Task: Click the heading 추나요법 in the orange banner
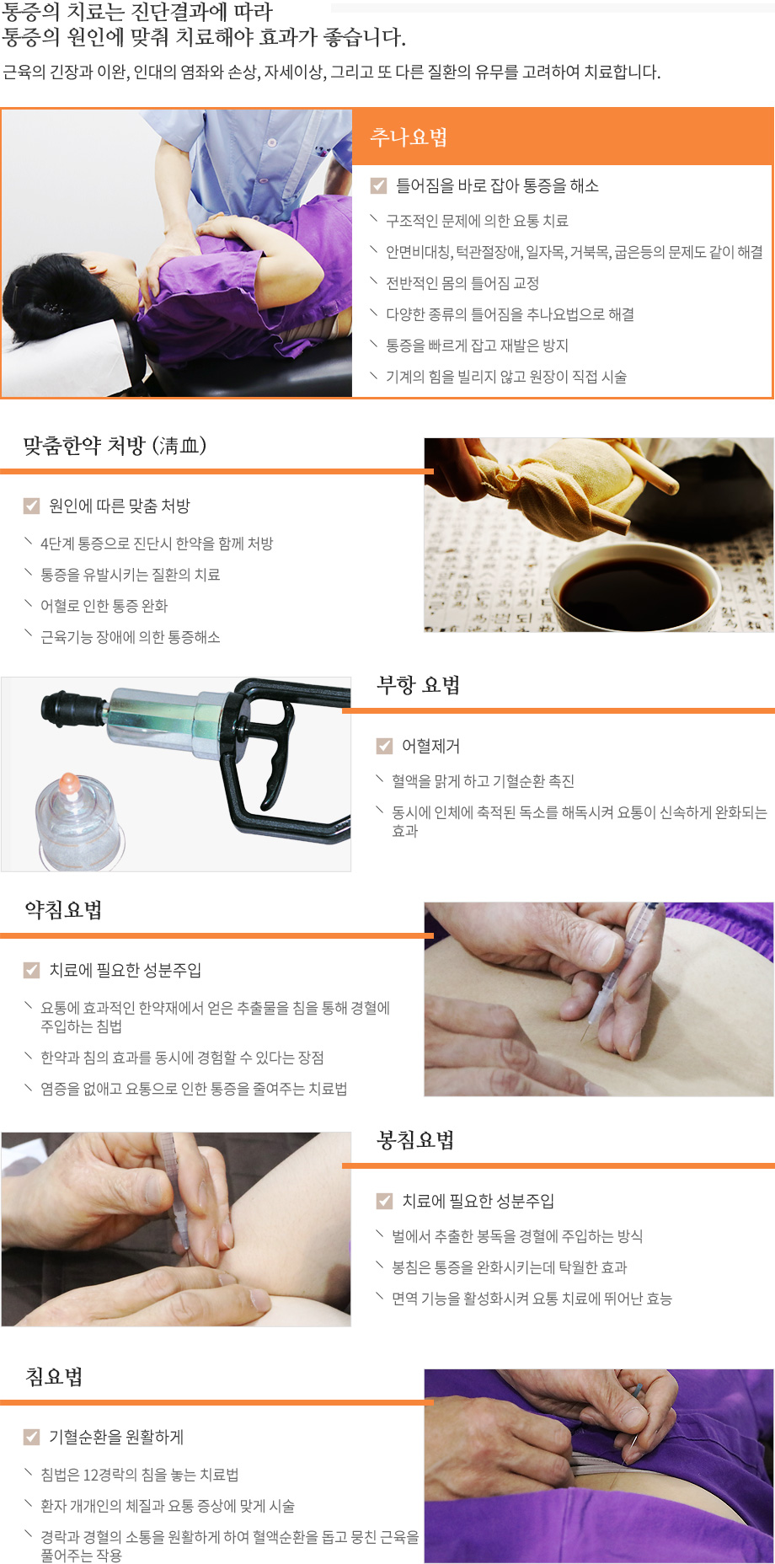click(409, 137)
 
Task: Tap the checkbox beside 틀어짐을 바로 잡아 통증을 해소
click(379, 185)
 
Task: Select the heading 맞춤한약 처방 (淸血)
click(115, 446)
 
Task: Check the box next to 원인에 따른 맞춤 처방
click(32, 506)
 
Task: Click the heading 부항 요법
click(418, 685)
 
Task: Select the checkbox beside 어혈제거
click(385, 746)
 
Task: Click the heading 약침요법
click(64, 910)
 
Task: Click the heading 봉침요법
click(415, 1141)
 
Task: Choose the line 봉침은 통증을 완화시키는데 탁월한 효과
click(509, 1267)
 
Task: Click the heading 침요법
click(55, 1377)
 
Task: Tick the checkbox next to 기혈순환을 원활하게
click(32, 1437)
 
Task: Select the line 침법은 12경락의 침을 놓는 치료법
click(140, 1475)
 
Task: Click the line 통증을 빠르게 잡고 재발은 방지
click(477, 345)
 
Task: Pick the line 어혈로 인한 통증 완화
click(104, 606)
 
